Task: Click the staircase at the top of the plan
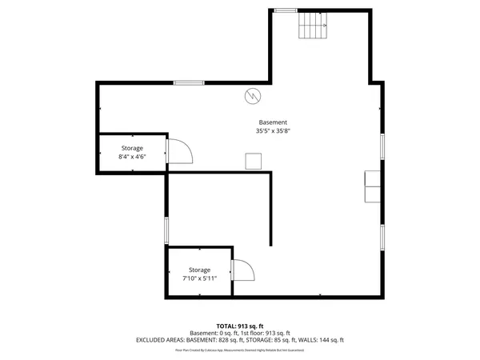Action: [x=314, y=29]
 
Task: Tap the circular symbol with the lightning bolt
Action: [x=253, y=96]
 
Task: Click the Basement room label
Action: [x=273, y=122]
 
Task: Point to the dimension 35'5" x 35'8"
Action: [x=273, y=130]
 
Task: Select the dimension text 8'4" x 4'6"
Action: [x=132, y=158]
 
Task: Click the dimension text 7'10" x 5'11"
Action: [x=199, y=278]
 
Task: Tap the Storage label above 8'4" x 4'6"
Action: [x=132, y=149]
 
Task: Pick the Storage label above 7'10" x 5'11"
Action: [x=199, y=270]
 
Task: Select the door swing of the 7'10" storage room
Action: [x=242, y=271]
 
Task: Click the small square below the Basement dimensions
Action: [x=254, y=161]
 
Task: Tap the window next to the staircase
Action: [x=284, y=10]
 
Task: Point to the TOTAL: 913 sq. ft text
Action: [x=239, y=326]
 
